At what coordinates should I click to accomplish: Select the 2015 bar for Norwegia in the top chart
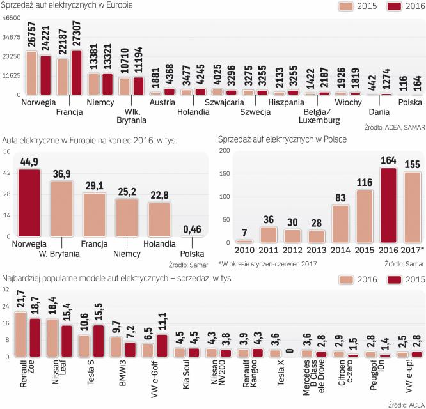pyautogui.click(x=31, y=73)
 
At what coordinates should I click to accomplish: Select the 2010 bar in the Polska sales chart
pyautogui.click(x=244, y=242)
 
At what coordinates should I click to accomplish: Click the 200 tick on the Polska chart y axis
pyautogui.click(x=225, y=151)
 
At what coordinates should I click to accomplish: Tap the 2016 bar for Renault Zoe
pyautogui.click(x=20, y=334)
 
